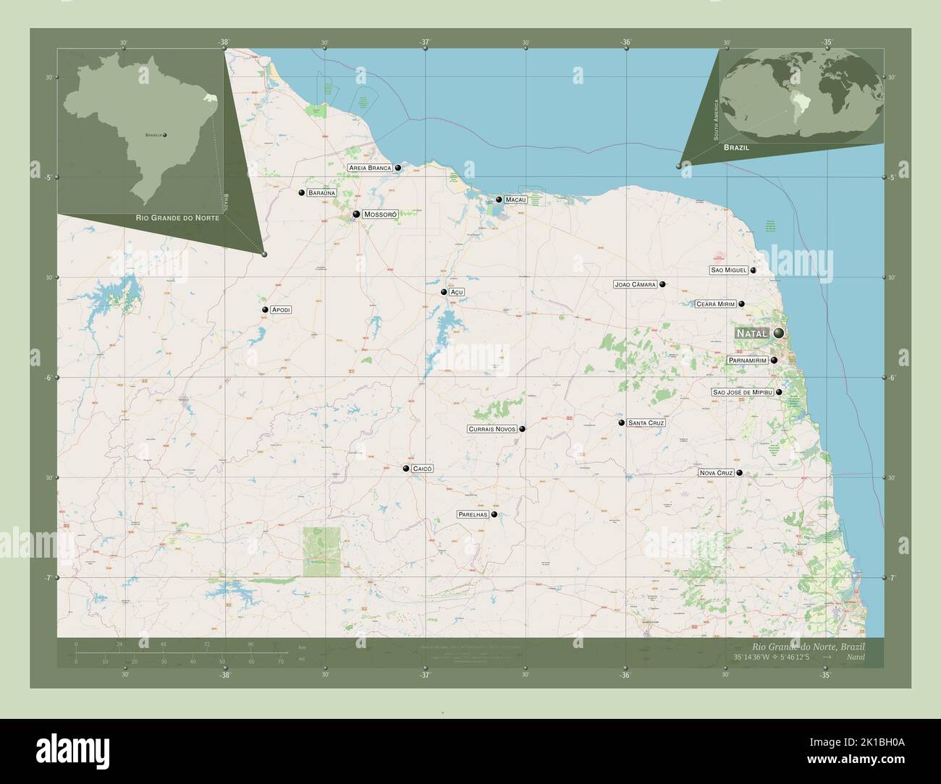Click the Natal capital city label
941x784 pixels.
tap(752, 333)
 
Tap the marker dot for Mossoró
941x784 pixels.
tap(357, 214)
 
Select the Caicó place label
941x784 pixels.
tap(423, 469)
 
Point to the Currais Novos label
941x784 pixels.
tap(492, 429)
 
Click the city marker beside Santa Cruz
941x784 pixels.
tap(621, 422)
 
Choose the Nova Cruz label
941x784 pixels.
tap(716, 473)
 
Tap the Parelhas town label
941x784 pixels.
tap(473, 514)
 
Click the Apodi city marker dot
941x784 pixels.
tap(266, 310)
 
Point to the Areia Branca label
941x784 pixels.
tap(370, 168)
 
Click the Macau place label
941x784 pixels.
tap(515, 200)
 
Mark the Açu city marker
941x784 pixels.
tap(444, 292)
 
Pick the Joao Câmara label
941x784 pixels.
tap(635, 285)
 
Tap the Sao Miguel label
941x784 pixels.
tap(728, 270)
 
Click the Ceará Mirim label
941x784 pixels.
tap(715, 304)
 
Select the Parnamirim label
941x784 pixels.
tap(748, 360)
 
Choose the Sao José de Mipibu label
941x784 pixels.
tap(743, 392)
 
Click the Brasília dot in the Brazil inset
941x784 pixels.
tap(165, 135)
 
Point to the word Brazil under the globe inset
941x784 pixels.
tap(735, 147)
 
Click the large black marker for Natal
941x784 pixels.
tap(779, 333)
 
